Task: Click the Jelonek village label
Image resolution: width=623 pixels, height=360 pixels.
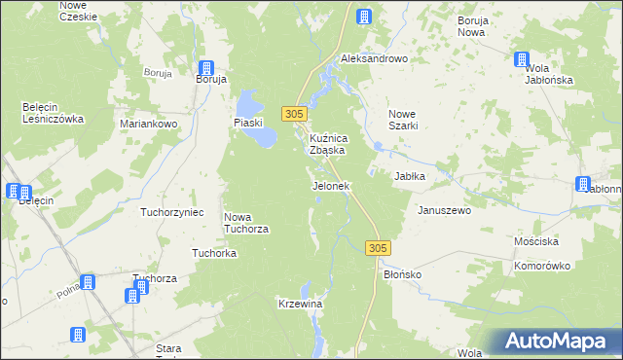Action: (330, 186)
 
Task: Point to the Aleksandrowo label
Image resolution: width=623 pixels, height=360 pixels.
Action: (373, 58)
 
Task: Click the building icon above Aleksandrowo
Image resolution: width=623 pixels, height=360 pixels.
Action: (364, 17)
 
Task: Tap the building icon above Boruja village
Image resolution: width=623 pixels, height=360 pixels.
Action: (206, 67)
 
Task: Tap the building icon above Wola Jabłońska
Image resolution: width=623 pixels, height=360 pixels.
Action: (523, 59)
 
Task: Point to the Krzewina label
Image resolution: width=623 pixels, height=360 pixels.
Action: (300, 305)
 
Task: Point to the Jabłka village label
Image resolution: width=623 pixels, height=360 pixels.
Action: (412, 176)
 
